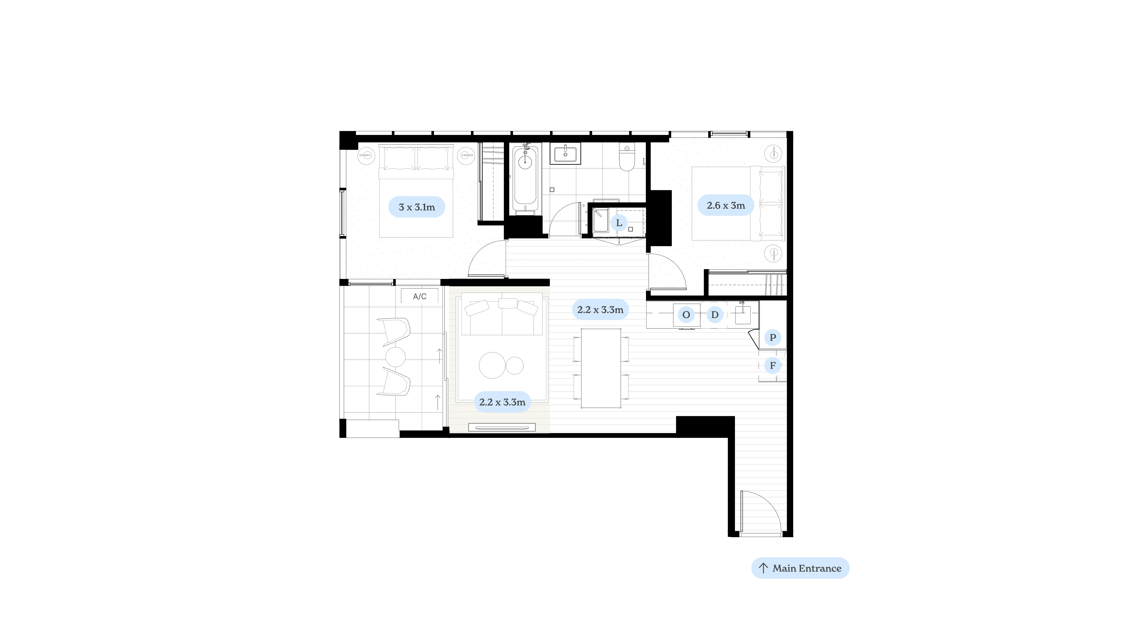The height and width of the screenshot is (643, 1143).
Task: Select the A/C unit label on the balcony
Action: point(420,296)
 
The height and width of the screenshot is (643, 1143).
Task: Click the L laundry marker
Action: point(619,223)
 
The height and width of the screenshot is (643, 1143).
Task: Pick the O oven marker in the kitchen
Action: point(686,315)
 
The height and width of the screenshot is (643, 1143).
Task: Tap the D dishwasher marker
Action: point(715,315)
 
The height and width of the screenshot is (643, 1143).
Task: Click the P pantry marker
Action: point(772,337)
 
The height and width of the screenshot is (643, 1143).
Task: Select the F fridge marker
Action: point(772,365)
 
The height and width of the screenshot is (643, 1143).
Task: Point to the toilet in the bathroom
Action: point(627,158)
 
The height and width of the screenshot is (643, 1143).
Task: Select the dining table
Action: point(601,368)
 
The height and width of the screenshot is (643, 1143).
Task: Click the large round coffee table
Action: point(492,365)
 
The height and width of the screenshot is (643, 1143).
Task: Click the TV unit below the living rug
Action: point(502,428)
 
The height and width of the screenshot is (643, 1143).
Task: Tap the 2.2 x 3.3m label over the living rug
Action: point(502,402)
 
